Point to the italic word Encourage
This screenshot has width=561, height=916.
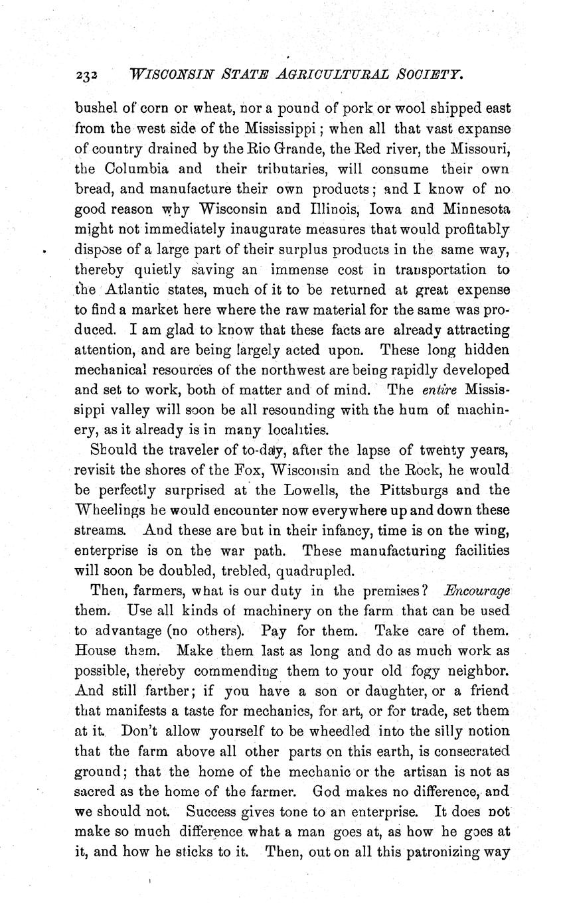[x=477, y=591]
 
